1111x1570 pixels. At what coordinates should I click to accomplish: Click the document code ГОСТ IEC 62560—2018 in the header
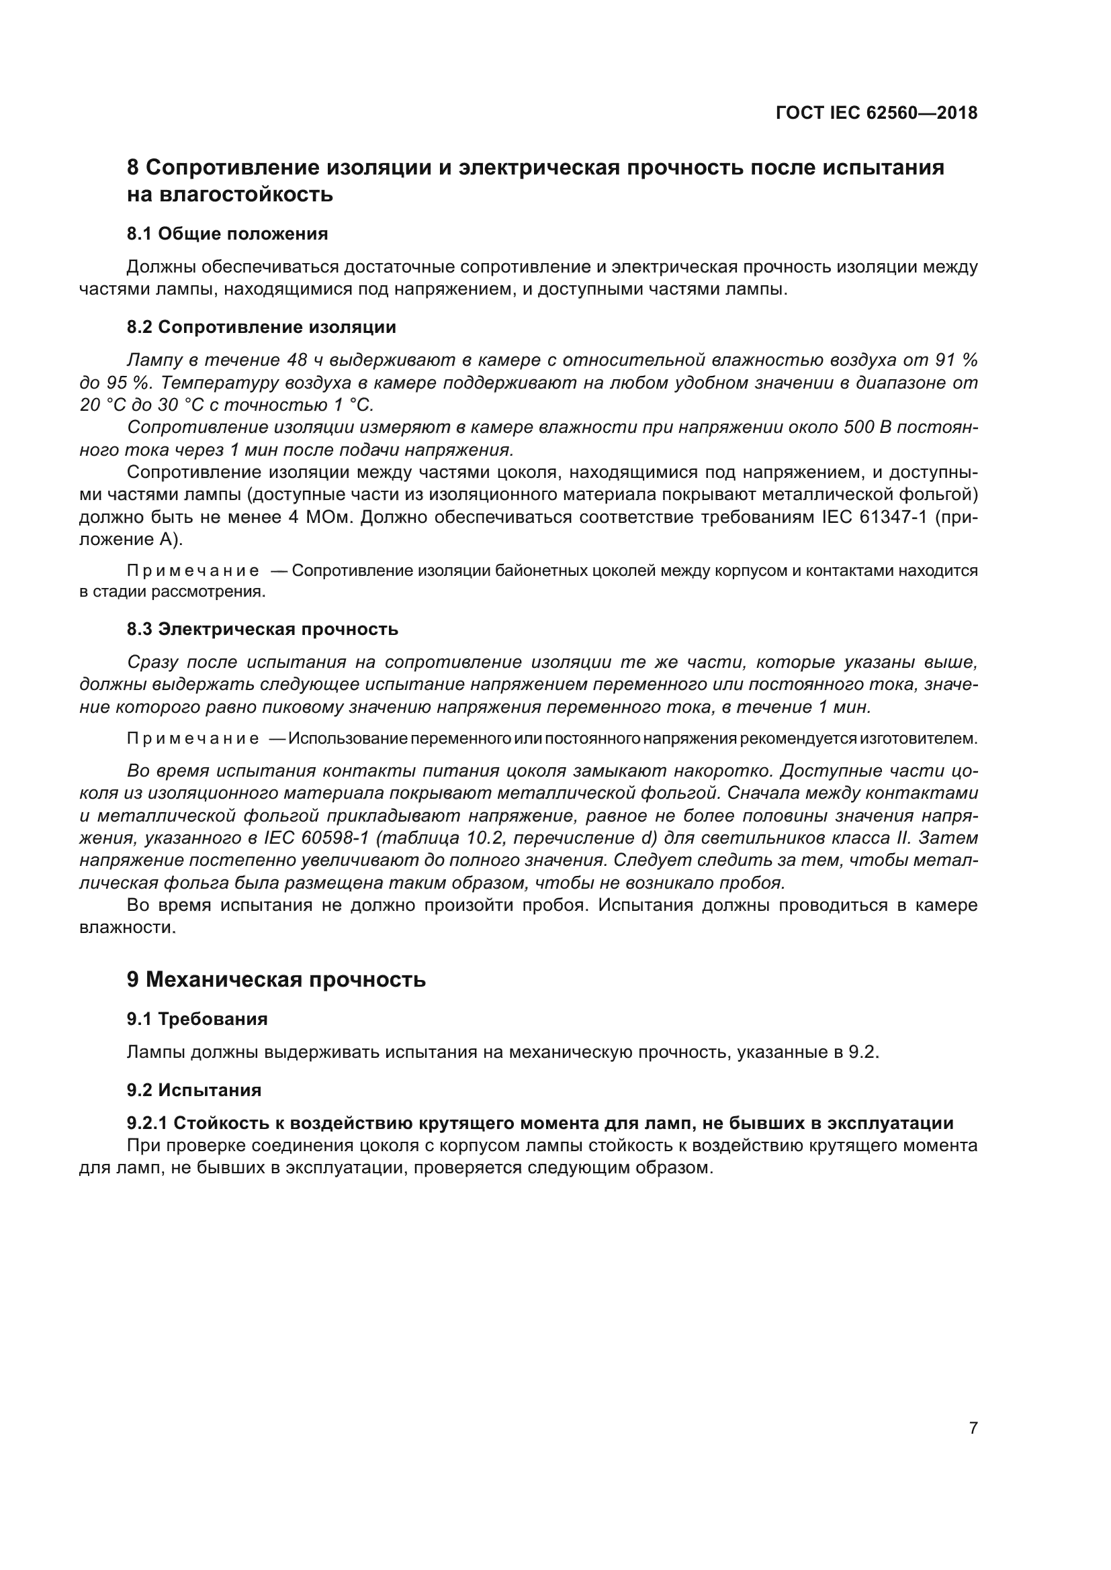pyautogui.click(x=877, y=113)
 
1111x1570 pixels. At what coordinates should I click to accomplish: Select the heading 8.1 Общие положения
pyautogui.click(x=227, y=234)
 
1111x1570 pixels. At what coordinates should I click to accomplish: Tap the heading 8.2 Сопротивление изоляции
pyautogui.click(x=261, y=327)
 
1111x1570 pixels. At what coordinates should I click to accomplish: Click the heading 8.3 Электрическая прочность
pyautogui.click(x=262, y=629)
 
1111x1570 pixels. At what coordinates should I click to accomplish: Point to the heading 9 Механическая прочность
pyautogui.click(x=275, y=979)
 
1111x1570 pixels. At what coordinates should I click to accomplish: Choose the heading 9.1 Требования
pyautogui.click(x=197, y=1019)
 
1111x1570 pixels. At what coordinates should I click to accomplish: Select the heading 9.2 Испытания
pyautogui.click(x=193, y=1090)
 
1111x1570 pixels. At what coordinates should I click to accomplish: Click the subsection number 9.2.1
pyautogui.click(x=147, y=1123)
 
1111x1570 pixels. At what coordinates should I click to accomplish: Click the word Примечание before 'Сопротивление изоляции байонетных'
pyautogui.click(x=193, y=571)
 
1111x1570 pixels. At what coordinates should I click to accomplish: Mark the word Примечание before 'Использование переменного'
pyautogui.click(x=193, y=738)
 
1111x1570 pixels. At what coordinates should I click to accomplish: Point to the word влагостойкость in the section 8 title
pyautogui.click(x=246, y=195)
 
